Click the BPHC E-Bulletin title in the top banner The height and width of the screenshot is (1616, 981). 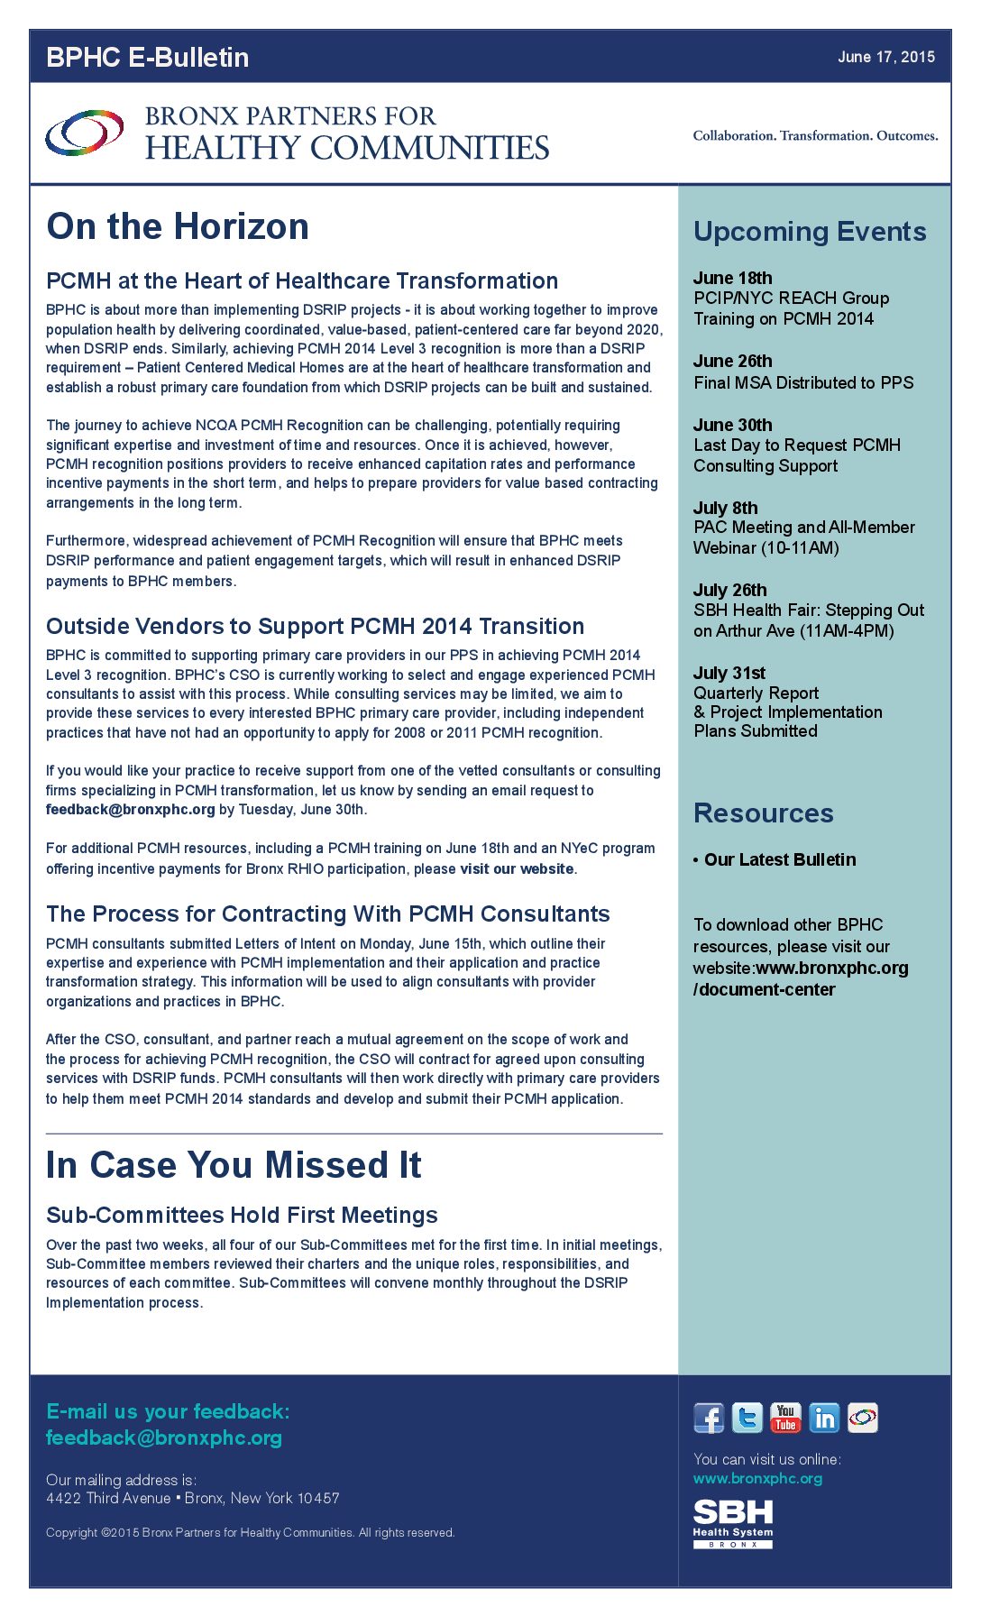[147, 57]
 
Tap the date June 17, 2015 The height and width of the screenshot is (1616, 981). [885, 57]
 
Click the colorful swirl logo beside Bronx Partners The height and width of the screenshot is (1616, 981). [85, 133]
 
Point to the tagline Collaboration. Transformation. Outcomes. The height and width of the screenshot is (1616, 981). [815, 136]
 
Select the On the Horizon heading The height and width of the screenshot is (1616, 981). [178, 226]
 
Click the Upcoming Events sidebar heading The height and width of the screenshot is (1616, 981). [810, 232]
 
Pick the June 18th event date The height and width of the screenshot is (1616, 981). [732, 278]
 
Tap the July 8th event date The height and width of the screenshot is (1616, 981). [725, 508]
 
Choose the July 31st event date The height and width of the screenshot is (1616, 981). [729, 673]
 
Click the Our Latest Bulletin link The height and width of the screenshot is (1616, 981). [780, 859]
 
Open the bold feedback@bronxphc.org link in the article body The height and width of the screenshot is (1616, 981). [131, 810]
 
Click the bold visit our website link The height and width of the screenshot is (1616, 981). [517, 869]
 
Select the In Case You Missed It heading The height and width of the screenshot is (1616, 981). [234, 1165]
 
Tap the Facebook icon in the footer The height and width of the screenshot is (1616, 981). [709, 1419]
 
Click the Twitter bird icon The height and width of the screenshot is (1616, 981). [747, 1419]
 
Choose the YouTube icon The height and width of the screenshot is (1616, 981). [785, 1419]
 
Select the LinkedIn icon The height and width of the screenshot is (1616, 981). [824, 1419]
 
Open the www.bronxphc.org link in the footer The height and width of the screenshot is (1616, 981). [757, 1479]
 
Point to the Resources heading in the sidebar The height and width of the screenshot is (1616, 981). [763, 813]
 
